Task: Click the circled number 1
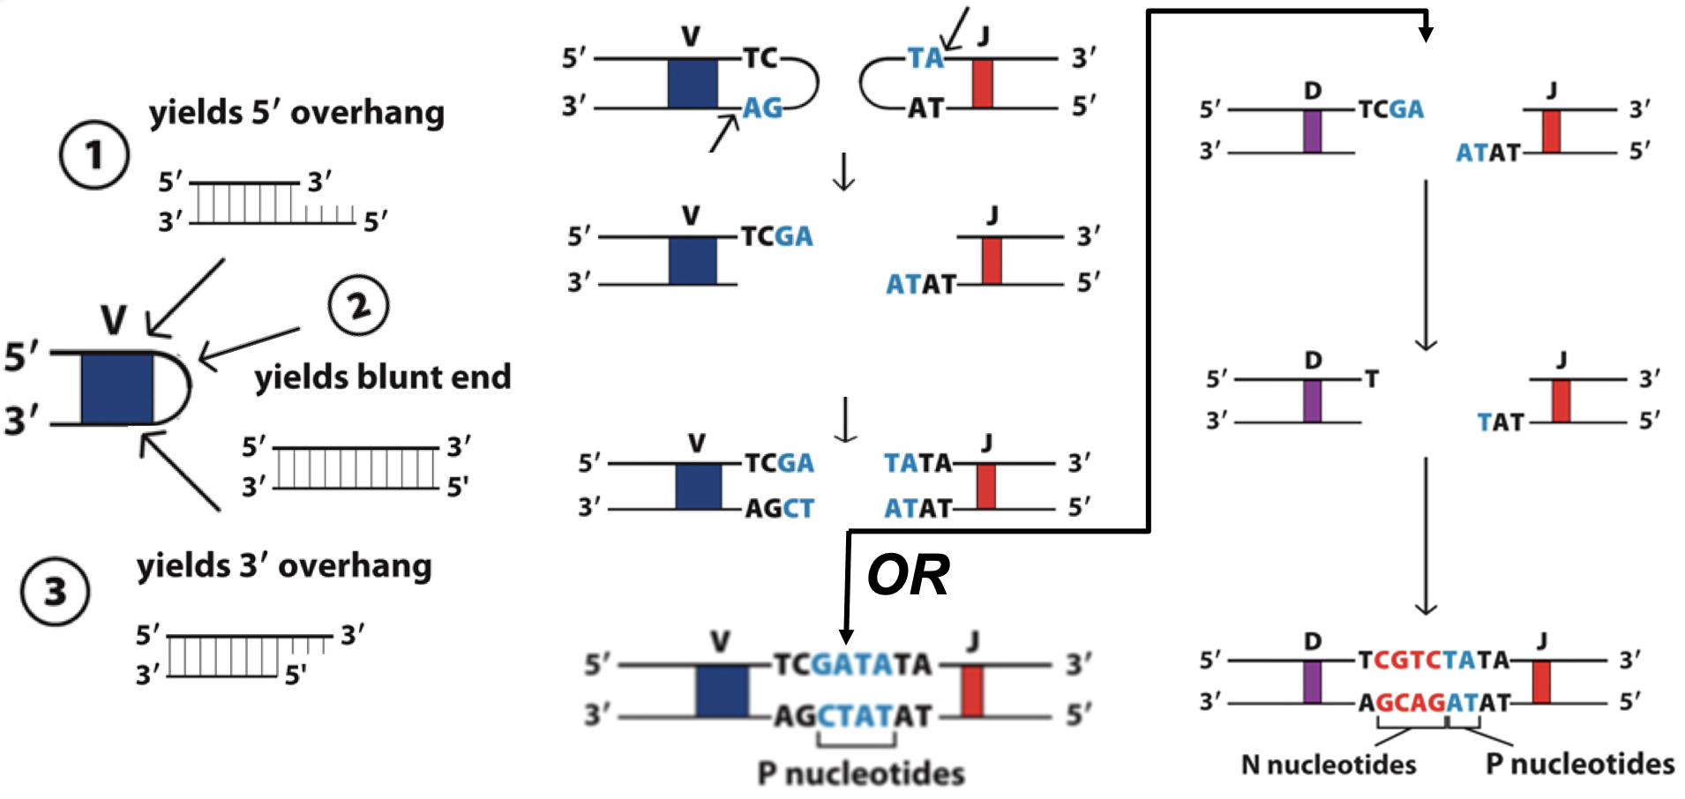pos(94,155)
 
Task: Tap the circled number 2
pos(358,305)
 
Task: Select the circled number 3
pos(55,592)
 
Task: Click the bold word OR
pos(908,575)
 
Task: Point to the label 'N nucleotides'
pos(1328,764)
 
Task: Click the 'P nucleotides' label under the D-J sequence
pos(1579,764)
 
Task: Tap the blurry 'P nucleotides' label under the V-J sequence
pos(861,773)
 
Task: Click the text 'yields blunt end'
pos(382,377)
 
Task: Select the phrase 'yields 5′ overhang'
pos(296,113)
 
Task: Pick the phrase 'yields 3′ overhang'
pos(284,565)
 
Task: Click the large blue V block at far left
pos(116,388)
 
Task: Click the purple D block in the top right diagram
pos(1312,131)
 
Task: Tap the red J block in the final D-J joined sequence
pos(1540,681)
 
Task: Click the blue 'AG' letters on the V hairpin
pos(762,108)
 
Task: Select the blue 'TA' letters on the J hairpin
pos(925,58)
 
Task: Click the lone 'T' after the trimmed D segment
pos(1372,379)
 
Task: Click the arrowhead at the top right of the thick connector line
pos(1426,34)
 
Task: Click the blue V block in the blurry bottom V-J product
pos(721,690)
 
